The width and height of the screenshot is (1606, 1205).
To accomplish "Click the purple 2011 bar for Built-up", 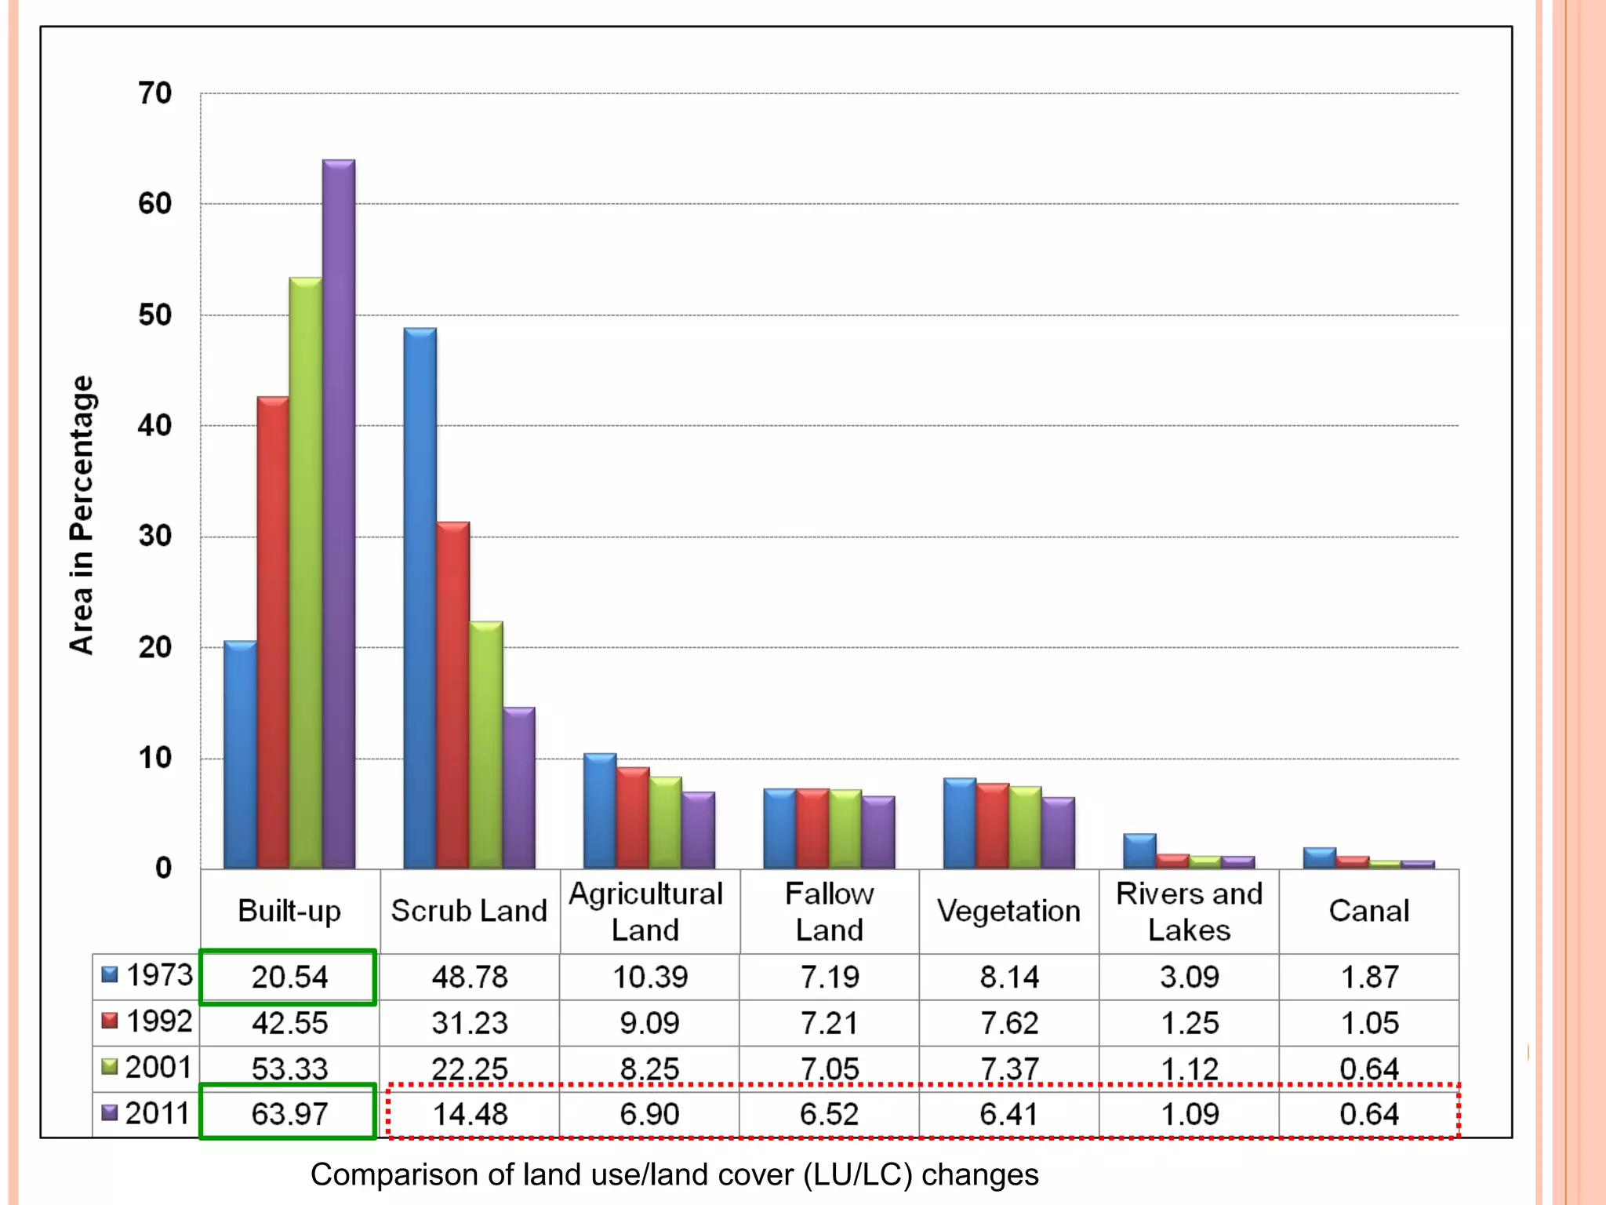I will pyautogui.click(x=339, y=514).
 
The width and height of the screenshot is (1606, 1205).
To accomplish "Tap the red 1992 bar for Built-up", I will pyautogui.click(x=273, y=632).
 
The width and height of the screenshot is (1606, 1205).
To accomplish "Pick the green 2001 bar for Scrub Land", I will pyautogui.click(x=486, y=745).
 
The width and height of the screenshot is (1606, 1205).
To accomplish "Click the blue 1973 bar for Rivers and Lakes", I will pyautogui.click(x=1139, y=851).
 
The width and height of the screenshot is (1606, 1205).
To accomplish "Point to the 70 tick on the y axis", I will pyautogui.click(x=155, y=93).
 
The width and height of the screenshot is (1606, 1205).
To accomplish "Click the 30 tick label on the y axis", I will pyautogui.click(x=155, y=537).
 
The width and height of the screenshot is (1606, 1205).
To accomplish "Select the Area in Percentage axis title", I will pyautogui.click(x=82, y=515).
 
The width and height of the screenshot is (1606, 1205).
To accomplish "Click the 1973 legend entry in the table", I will pyautogui.click(x=147, y=975).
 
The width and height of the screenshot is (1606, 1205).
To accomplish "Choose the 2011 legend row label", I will pyautogui.click(x=147, y=1113).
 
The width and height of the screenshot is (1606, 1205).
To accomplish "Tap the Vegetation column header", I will pyautogui.click(x=1008, y=911).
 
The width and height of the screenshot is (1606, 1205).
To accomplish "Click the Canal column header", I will pyautogui.click(x=1369, y=911).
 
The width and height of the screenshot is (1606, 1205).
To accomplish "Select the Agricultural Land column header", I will pyautogui.click(x=646, y=912).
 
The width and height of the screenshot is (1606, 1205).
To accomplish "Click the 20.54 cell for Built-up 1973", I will pyautogui.click(x=289, y=977).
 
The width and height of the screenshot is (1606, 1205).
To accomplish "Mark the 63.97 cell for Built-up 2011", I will pyautogui.click(x=289, y=1114).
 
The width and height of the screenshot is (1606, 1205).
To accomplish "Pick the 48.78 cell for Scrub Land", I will pyautogui.click(x=470, y=977).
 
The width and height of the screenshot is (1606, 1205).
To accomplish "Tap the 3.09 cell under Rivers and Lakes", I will pyautogui.click(x=1190, y=977).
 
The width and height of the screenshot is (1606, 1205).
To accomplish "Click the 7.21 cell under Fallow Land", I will pyautogui.click(x=830, y=1023).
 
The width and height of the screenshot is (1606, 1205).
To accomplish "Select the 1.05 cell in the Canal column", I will pyautogui.click(x=1369, y=1023).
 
